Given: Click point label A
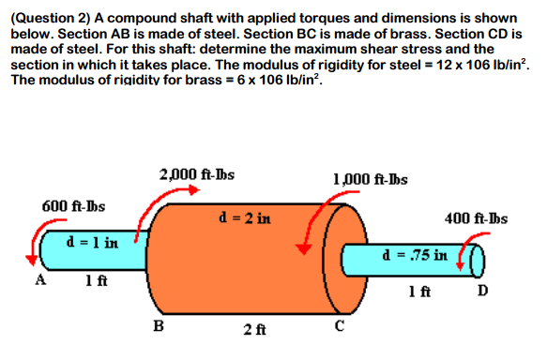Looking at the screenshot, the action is tap(39, 279).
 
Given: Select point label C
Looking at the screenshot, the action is tap(341, 326).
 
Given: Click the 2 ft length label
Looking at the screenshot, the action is tap(251, 329).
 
